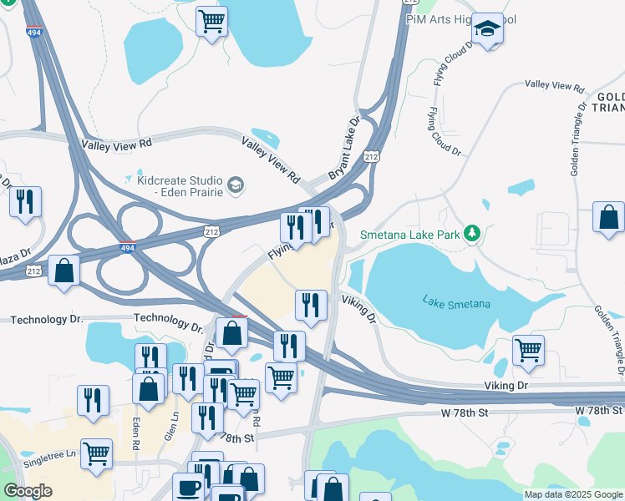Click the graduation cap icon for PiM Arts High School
coord(487,30)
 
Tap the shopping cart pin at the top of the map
coord(212,21)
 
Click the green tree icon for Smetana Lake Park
coord(472,235)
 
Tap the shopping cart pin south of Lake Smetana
coord(528,350)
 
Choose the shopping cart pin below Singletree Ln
coord(97,454)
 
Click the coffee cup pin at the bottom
coord(188,488)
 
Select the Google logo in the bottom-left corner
coord(28,491)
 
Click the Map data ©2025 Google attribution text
coord(572,494)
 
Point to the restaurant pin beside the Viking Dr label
coord(311,305)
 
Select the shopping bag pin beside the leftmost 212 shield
coord(64,271)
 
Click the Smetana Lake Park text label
coord(409,235)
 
